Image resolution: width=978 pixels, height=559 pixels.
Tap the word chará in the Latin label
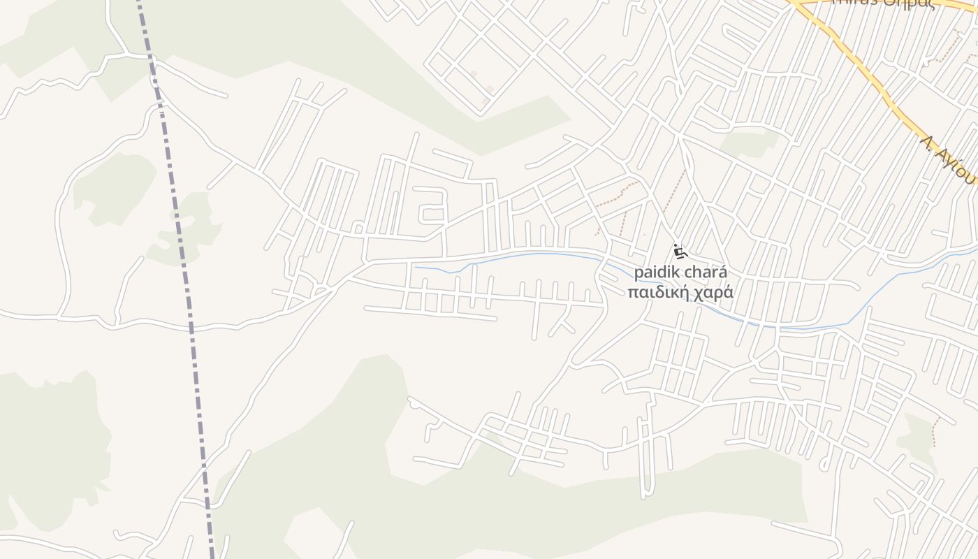coord(708,273)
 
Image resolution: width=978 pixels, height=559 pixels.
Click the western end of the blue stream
coord(416,268)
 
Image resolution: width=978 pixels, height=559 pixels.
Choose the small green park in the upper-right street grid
coord(750,143)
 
